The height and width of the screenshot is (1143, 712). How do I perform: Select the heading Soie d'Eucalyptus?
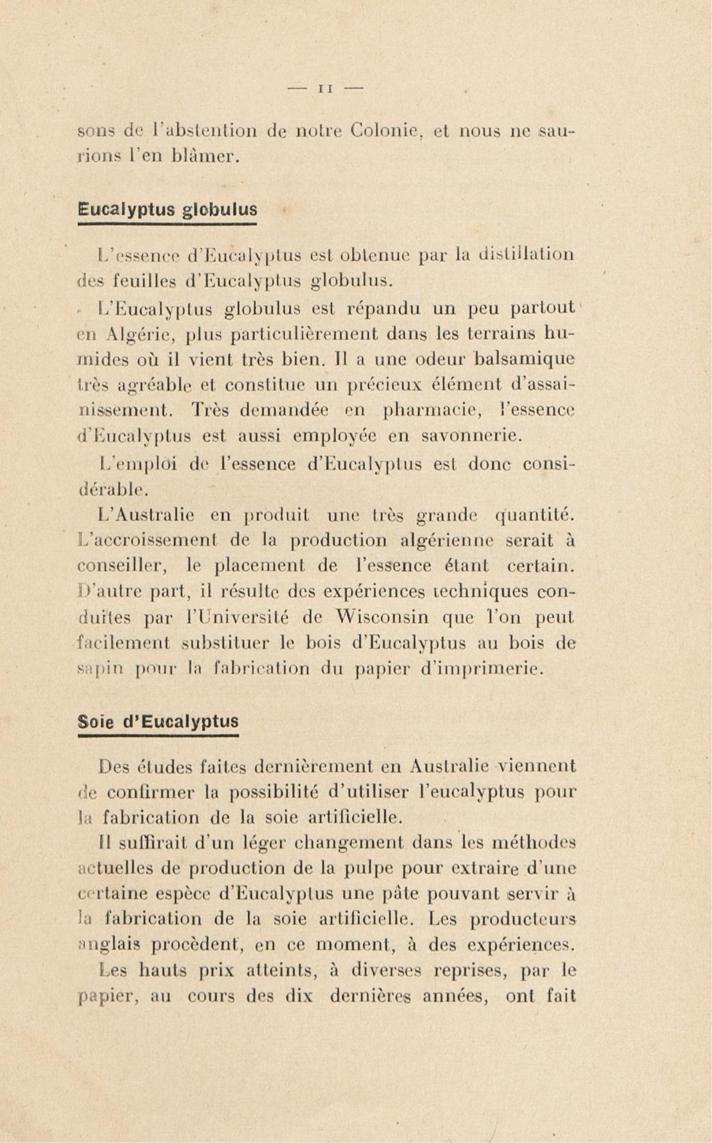(x=158, y=721)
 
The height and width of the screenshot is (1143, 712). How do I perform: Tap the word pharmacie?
(x=432, y=411)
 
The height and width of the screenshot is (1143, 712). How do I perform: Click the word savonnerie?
(x=471, y=437)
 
